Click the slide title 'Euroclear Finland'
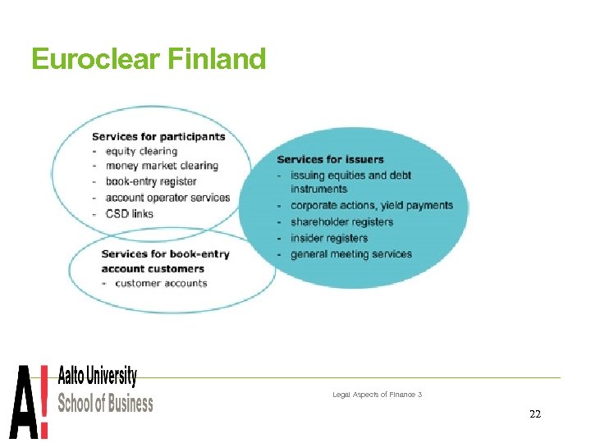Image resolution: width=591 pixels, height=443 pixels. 149,59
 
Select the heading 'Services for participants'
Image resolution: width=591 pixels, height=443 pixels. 158,136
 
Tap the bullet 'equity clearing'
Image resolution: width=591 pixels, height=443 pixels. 141,151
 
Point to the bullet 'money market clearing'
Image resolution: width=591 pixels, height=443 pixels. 162,166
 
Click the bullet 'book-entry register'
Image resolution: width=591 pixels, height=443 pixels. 151,181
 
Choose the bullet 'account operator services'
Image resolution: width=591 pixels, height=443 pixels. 167,198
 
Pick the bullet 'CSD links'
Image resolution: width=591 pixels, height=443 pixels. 129,213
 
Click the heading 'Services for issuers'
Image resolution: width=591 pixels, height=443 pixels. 330,159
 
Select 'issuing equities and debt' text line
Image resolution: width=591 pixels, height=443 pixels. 350,175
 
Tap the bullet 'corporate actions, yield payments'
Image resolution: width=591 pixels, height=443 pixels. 371,205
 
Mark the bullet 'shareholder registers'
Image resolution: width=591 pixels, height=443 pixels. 341,221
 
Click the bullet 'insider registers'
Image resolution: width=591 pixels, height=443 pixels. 328,238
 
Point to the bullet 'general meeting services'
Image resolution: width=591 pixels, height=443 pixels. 350,254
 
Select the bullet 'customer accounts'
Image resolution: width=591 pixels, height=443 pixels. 161,284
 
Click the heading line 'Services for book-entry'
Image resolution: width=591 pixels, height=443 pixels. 165,254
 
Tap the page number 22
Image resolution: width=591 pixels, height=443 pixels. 535,414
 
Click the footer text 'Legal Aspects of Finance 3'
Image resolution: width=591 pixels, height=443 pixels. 377,395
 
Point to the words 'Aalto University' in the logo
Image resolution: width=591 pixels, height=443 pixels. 98,377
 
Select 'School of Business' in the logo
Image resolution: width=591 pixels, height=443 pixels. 105,403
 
